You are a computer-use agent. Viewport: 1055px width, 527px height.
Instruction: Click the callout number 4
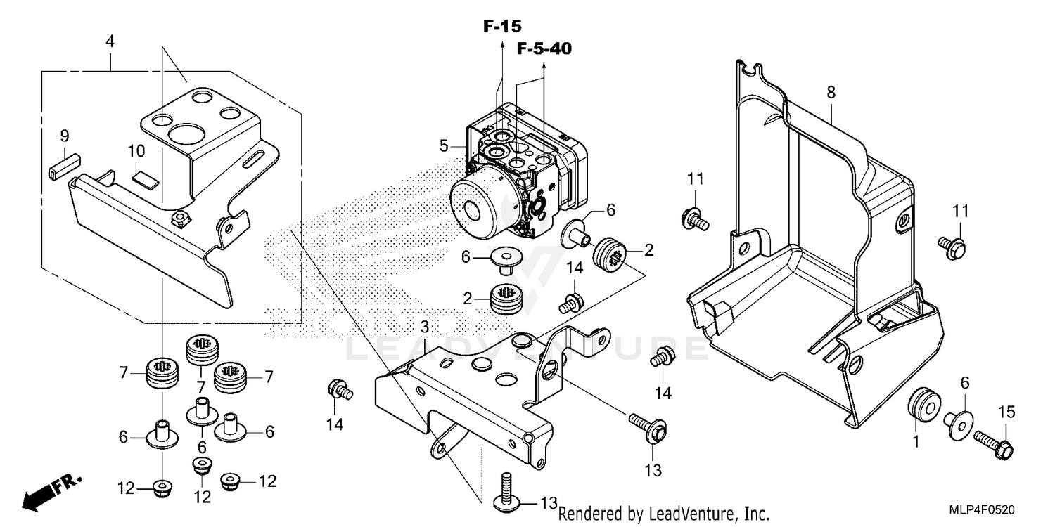coord(110,42)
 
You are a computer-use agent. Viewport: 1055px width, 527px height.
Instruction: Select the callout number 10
coord(136,151)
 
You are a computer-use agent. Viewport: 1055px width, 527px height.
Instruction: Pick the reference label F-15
coord(502,27)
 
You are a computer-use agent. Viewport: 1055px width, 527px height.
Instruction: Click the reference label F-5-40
coord(544,48)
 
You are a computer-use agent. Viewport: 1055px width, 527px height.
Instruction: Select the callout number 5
coord(444,146)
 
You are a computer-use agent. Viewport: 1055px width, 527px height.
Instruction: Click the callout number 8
coord(831,91)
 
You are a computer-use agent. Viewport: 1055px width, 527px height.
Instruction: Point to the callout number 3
coord(424,327)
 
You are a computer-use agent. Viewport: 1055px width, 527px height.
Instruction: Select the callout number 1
coord(915,442)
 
